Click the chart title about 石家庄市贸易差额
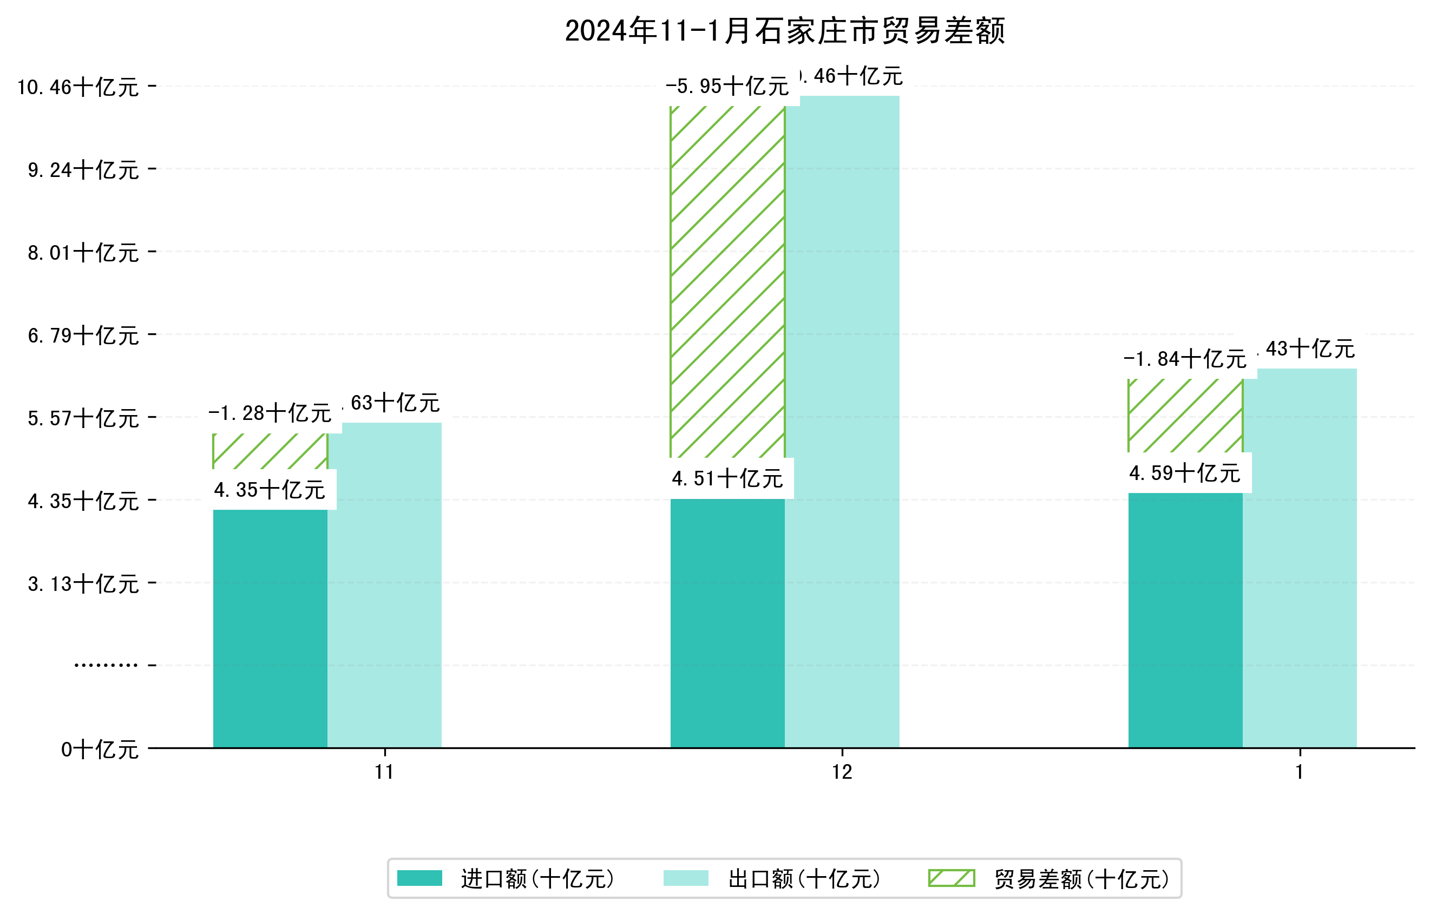point(784,31)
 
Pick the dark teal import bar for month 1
point(1185,620)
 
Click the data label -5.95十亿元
point(727,87)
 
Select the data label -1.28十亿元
point(270,413)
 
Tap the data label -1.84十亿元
point(1185,359)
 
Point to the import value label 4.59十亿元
point(1185,474)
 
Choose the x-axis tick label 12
point(842,772)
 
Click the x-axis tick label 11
point(385,772)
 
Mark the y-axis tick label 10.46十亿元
point(78,87)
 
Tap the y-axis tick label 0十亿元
point(100,749)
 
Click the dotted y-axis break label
point(106,665)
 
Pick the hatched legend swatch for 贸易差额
point(952,878)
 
